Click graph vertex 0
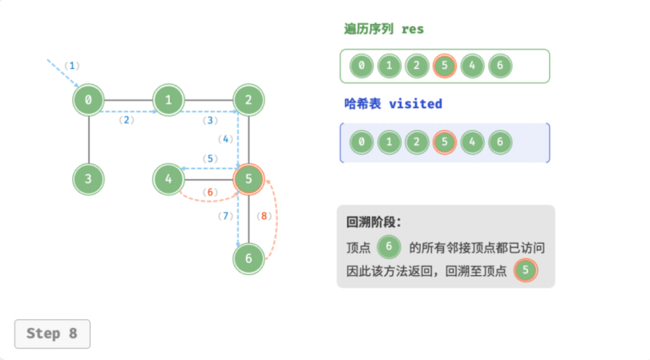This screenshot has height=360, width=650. coord(88,100)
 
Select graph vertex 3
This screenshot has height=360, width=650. coord(88,179)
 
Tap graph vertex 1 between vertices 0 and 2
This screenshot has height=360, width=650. coord(168,100)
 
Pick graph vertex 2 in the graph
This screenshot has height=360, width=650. coord(248,100)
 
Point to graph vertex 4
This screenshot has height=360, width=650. coord(168,179)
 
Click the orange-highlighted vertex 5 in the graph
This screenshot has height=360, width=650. coord(248,179)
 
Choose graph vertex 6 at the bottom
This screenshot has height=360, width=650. coord(248,259)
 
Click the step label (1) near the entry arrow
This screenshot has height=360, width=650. coord(71,66)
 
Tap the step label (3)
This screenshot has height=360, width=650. coord(210,120)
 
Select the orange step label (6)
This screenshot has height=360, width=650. coord(210,192)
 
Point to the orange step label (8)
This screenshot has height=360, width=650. coord(264,216)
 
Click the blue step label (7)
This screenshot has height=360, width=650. coord(225,216)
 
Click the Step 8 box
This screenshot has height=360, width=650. coord(52,334)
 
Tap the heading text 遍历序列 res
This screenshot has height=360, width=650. coord(384,29)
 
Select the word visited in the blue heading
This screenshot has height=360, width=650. coord(415,103)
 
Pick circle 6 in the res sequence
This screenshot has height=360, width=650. coord(500,66)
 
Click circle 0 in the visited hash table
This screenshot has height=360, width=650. coord(361,142)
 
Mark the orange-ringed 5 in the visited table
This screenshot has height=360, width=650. coord(444,142)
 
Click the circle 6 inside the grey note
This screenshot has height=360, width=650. coord(389,246)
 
